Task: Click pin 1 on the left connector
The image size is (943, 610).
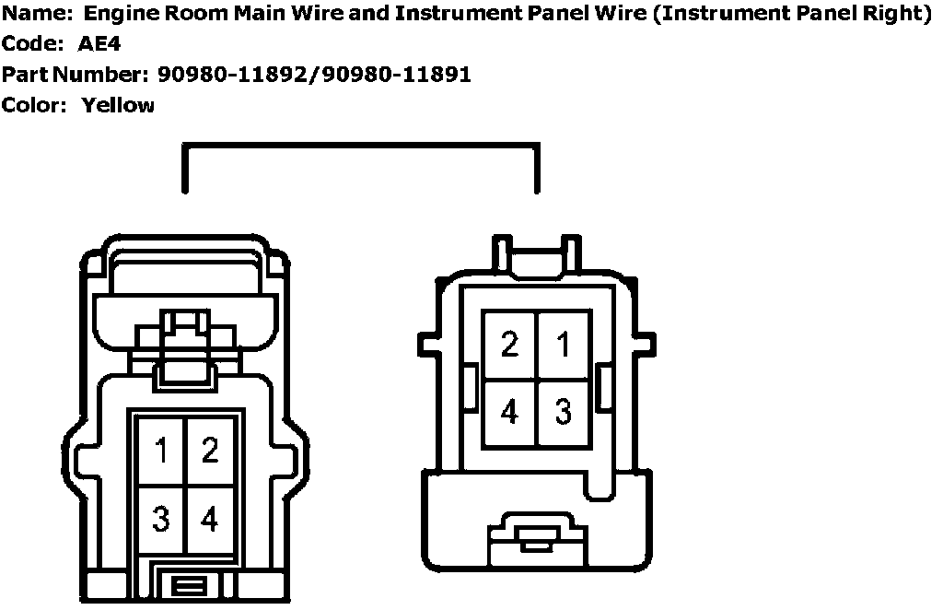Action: click(x=162, y=452)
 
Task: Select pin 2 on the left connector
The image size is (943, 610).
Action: click(x=210, y=452)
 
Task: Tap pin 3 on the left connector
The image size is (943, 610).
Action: click(x=162, y=519)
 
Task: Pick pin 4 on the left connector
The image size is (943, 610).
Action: click(x=210, y=519)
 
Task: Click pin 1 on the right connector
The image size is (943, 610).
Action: click(x=563, y=345)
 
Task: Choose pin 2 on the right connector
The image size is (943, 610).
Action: click(x=509, y=345)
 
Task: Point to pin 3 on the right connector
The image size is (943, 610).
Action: click(x=563, y=411)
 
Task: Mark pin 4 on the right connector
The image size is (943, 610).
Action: click(x=509, y=411)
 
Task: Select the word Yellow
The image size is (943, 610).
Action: click(x=118, y=105)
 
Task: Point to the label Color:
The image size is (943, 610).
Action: click(x=34, y=105)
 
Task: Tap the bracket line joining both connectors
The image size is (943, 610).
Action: click(x=360, y=145)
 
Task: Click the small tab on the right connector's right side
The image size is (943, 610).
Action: click(x=604, y=387)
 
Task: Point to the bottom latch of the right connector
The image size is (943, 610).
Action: click(x=537, y=539)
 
